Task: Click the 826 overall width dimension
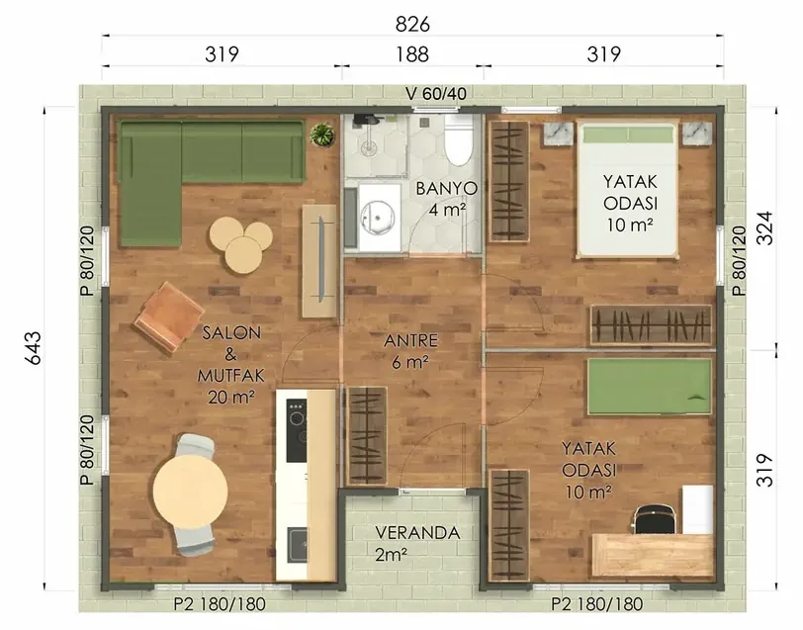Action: (x=412, y=24)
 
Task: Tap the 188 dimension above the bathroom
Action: (x=412, y=54)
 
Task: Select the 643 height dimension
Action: (x=34, y=348)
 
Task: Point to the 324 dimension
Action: (x=764, y=227)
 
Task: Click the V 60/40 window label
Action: (x=436, y=94)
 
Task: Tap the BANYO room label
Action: (x=447, y=189)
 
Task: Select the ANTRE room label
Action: (x=411, y=340)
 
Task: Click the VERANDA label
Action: (x=418, y=533)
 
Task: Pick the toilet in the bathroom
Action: (x=458, y=139)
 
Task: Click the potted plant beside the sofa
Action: (x=322, y=135)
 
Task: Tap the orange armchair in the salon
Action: (x=169, y=316)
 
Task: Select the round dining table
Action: (x=190, y=492)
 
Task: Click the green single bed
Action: (x=650, y=386)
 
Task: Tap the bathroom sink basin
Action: (x=378, y=218)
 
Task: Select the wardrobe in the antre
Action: (x=367, y=436)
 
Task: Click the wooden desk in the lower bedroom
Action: (x=653, y=555)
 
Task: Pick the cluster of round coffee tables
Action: (x=240, y=244)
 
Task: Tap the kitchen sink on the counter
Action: (x=298, y=545)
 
